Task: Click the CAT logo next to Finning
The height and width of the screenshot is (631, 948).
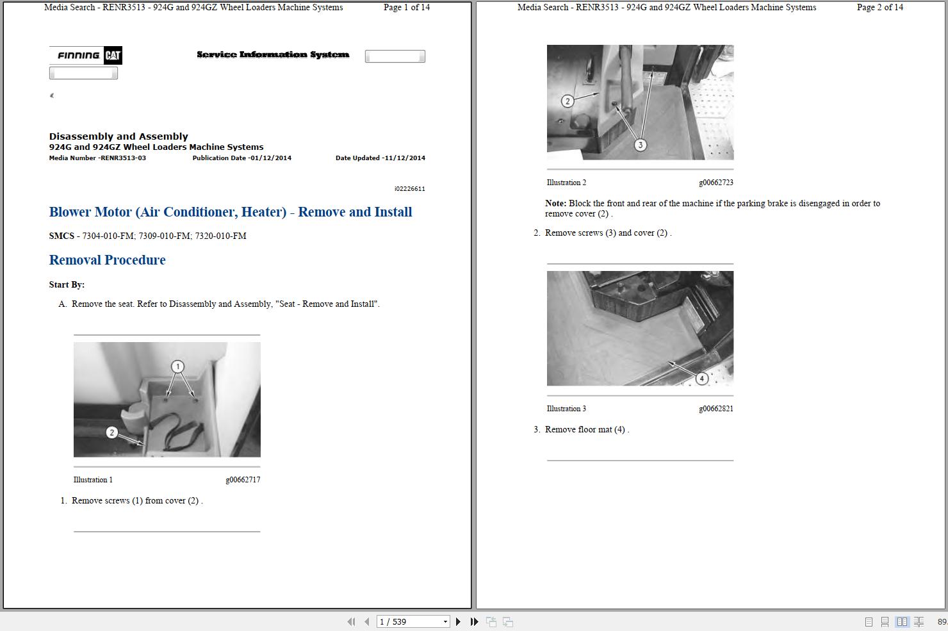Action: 113,55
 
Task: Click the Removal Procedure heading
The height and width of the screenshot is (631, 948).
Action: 107,260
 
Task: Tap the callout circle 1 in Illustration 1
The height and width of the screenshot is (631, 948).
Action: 178,366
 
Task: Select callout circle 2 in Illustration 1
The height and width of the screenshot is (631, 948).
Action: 111,432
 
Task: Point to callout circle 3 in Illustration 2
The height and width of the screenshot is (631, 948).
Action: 641,145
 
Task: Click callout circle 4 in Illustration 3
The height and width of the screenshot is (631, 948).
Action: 701,379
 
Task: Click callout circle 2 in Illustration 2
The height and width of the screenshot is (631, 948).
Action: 568,101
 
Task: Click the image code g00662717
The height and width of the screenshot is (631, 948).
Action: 243,479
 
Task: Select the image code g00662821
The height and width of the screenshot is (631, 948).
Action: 716,409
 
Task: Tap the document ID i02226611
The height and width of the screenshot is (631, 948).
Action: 410,189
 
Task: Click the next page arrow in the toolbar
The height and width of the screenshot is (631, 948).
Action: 458,621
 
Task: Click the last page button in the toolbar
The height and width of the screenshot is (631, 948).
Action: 474,621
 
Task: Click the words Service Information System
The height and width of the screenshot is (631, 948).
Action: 273,54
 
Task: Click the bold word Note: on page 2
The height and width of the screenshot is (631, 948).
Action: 556,203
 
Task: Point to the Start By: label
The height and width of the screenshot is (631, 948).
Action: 67,284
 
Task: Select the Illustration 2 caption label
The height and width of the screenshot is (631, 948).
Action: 566,183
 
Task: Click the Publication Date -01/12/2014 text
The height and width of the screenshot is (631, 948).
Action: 242,158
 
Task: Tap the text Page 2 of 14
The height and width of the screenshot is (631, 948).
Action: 880,7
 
